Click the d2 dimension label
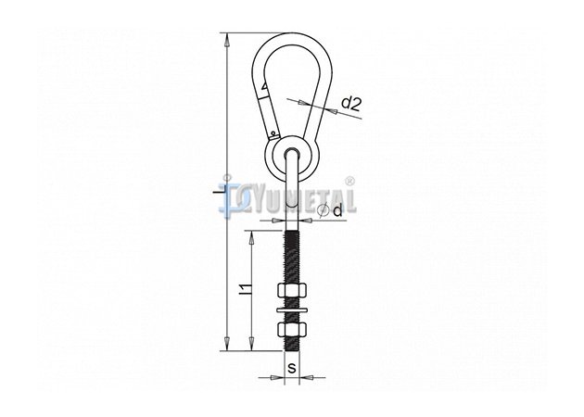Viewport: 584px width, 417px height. coord(351,104)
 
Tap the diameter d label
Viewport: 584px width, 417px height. coord(337,210)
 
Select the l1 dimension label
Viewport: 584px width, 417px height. coord(245,290)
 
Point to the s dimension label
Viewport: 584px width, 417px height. coord(292,368)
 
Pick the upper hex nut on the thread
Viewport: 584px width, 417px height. coord(292,290)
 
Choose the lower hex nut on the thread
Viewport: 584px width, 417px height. coord(292,330)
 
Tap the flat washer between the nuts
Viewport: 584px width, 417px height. coord(292,310)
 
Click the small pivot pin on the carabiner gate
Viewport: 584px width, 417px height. coord(273,133)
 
